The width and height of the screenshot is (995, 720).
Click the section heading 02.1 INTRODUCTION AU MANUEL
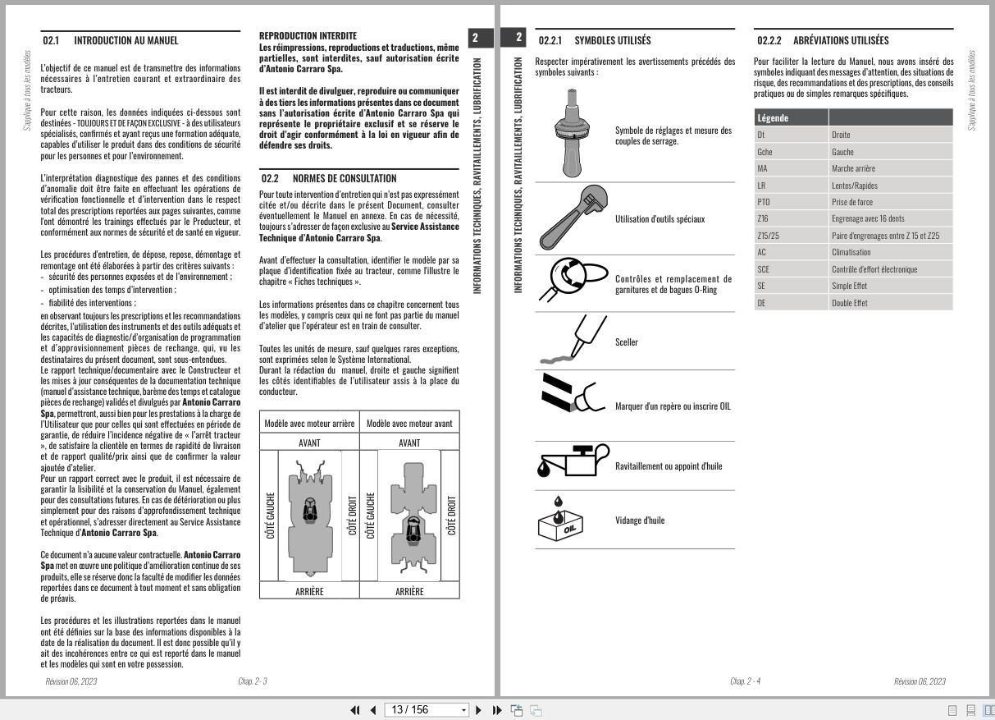(x=111, y=40)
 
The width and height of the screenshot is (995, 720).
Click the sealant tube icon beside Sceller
(x=570, y=342)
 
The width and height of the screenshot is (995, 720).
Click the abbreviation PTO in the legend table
(x=764, y=202)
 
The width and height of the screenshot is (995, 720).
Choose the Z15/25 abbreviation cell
(x=769, y=236)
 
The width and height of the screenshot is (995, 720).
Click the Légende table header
(x=773, y=118)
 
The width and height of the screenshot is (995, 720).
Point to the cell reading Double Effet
(x=849, y=303)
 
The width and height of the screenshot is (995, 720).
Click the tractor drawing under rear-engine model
(x=309, y=515)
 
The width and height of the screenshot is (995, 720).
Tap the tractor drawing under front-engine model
(x=409, y=515)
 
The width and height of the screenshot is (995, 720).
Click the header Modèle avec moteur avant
(x=409, y=424)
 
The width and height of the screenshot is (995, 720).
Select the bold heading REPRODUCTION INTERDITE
(x=308, y=36)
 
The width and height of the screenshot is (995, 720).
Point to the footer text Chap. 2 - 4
(x=745, y=681)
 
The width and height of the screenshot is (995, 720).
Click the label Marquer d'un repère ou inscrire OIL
(x=673, y=406)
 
